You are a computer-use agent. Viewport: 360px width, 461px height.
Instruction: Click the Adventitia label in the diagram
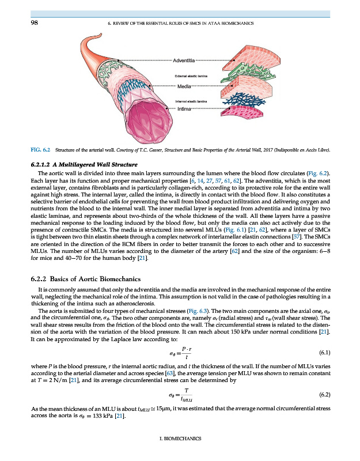(x=184, y=60)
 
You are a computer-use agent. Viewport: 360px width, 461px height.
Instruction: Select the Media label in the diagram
(x=184, y=86)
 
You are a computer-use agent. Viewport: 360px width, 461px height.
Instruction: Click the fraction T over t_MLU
(x=185, y=394)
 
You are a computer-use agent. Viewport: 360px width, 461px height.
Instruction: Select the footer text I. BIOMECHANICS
(x=179, y=439)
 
